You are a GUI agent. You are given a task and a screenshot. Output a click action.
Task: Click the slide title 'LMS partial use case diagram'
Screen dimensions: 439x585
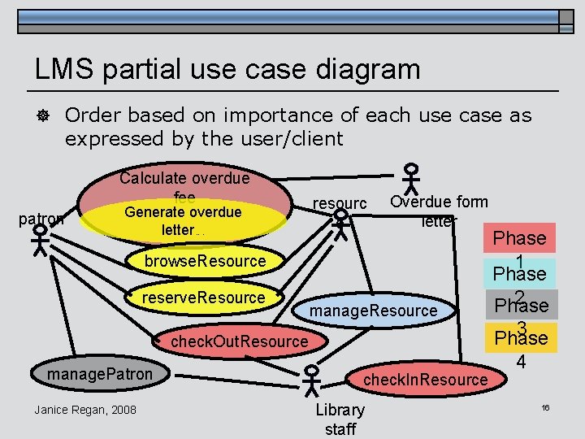point(227,68)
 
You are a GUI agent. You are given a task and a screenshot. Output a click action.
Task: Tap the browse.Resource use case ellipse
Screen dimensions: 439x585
point(205,261)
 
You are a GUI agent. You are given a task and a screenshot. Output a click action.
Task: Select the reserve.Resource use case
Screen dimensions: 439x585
point(203,298)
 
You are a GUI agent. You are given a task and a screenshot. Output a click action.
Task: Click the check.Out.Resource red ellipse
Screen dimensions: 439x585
point(239,341)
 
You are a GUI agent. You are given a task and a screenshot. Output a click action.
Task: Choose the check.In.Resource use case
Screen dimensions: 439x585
point(424,380)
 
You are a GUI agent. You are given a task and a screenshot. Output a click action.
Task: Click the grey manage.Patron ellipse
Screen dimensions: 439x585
point(100,375)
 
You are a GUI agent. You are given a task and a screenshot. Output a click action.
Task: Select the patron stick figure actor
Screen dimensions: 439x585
point(40,240)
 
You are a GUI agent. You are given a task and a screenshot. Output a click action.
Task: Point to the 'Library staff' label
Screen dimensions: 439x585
point(340,419)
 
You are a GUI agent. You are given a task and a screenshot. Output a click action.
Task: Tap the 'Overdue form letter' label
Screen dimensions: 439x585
point(439,211)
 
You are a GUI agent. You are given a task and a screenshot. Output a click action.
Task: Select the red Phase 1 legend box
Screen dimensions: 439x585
point(520,239)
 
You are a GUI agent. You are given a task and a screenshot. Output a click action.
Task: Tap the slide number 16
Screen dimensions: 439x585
point(545,406)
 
